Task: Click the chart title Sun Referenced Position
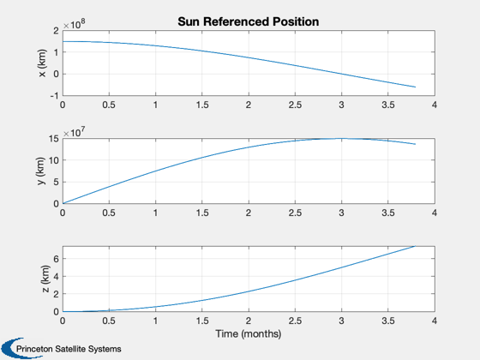click(x=249, y=21)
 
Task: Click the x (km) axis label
click(x=42, y=63)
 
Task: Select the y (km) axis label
click(x=41, y=171)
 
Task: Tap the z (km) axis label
click(x=45, y=279)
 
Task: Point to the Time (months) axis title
click(x=249, y=333)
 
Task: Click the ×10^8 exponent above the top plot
click(x=74, y=24)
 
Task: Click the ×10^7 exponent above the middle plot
click(x=74, y=132)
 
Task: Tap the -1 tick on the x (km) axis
click(x=54, y=96)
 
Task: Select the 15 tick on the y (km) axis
click(x=54, y=139)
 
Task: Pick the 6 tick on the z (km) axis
click(x=56, y=259)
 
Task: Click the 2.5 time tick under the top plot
click(x=295, y=105)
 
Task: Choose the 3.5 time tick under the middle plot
click(x=388, y=213)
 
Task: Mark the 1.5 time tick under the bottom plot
click(x=202, y=321)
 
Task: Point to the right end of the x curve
click(x=416, y=87)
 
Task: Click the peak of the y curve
click(x=341, y=139)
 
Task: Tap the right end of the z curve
click(x=416, y=246)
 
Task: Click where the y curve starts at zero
click(x=63, y=204)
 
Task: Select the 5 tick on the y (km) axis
click(x=56, y=182)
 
